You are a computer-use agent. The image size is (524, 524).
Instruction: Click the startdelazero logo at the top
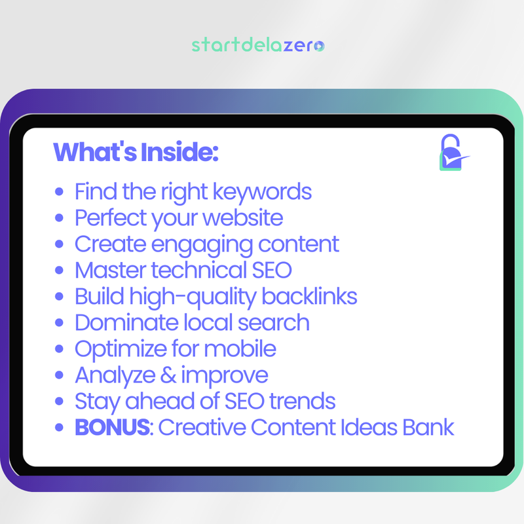[x=258, y=45]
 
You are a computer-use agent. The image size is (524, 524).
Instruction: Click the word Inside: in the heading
[x=178, y=153]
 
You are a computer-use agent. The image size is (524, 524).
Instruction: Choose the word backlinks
[x=309, y=296]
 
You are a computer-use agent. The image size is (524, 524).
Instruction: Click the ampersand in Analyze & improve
[x=170, y=375]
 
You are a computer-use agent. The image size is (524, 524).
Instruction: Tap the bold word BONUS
[x=112, y=428]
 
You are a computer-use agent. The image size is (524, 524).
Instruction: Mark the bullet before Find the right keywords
[x=60, y=193]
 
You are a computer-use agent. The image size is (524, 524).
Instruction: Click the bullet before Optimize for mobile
[x=60, y=349]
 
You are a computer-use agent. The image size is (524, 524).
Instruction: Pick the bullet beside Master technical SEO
[x=60, y=271]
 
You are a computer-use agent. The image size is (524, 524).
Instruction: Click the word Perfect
[x=110, y=217]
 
